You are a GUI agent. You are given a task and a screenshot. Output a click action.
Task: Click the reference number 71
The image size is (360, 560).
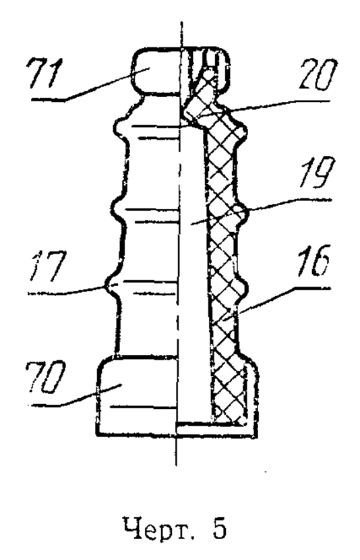click(44, 73)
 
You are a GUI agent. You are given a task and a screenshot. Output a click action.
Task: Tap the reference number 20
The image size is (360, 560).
click(318, 75)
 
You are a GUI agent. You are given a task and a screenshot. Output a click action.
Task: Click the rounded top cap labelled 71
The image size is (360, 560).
click(156, 72)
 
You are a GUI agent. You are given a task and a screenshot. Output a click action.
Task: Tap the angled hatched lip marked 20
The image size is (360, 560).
click(200, 99)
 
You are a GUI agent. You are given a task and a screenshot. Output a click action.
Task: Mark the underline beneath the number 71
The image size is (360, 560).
click(48, 100)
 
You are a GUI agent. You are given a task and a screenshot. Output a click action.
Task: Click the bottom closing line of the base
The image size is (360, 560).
click(177, 435)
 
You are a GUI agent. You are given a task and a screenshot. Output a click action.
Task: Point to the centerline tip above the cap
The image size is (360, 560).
click(181, 22)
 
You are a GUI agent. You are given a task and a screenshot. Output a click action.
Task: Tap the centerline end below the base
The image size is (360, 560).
click(176, 465)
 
